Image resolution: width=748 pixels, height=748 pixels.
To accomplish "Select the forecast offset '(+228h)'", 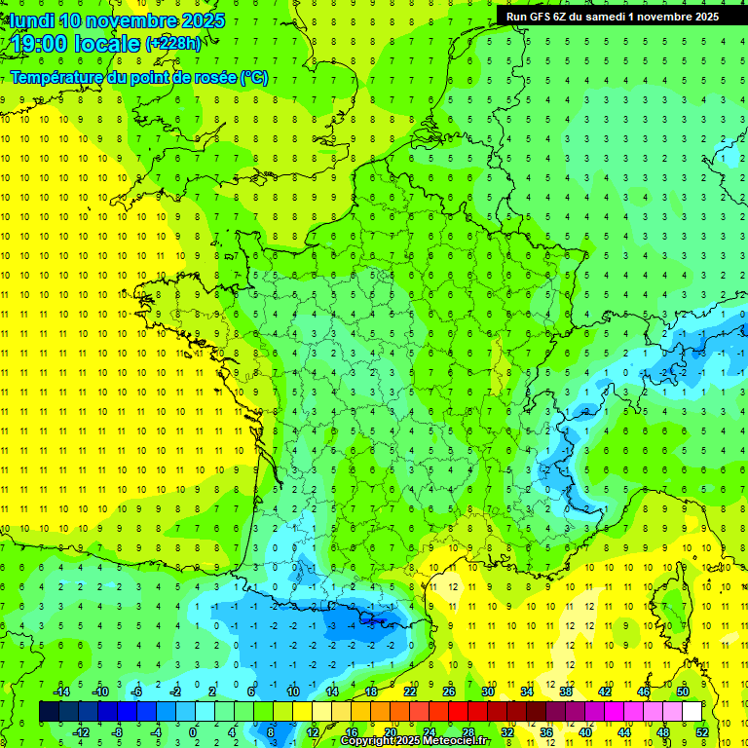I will coord(173,44).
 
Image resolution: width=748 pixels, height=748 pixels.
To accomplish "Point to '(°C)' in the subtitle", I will coord(254,78).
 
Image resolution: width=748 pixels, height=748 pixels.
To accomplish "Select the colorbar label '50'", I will coord(682,692).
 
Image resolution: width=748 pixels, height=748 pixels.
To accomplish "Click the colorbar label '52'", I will coord(701,732).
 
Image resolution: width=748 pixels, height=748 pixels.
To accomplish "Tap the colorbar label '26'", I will coord(449,692).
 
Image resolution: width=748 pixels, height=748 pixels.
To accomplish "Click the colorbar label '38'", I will coord(565,692).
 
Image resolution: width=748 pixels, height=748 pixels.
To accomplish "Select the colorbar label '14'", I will coord(332,692).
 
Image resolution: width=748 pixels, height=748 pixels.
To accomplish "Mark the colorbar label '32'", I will coord(507,732).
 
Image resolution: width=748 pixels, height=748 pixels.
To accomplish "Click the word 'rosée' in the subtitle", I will coord(213,78).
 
